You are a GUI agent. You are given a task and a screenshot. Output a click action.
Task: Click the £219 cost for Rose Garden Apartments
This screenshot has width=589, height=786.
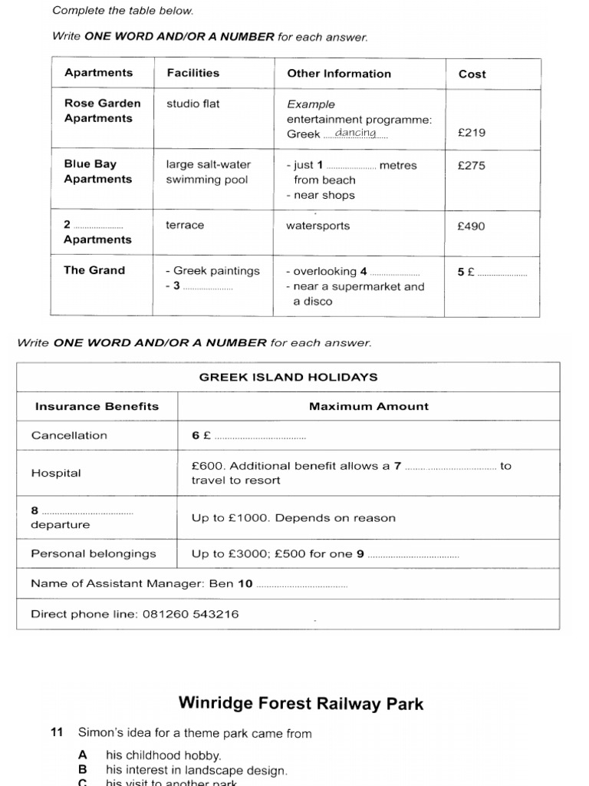[x=471, y=133]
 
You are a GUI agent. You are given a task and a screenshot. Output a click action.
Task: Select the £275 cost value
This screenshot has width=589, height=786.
[x=471, y=165]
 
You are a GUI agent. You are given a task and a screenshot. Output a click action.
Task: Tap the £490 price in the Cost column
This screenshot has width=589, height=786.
[x=471, y=226]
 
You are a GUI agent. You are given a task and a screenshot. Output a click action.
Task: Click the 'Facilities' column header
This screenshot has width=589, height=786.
[x=192, y=73]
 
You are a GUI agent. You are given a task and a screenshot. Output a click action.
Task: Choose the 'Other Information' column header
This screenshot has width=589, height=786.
[x=338, y=74]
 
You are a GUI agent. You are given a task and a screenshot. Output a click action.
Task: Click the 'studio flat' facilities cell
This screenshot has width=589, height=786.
[x=192, y=104]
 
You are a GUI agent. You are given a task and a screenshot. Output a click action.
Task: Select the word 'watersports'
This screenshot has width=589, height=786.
[x=318, y=226]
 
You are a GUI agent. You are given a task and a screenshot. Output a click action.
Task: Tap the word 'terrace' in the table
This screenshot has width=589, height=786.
[x=185, y=226]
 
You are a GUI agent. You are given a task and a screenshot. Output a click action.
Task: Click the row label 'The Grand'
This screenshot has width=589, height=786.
[x=94, y=270]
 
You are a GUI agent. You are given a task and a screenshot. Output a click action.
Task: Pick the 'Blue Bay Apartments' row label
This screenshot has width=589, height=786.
[x=98, y=172]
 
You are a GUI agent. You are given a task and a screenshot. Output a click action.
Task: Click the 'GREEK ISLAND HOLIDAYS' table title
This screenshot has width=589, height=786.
[x=288, y=377]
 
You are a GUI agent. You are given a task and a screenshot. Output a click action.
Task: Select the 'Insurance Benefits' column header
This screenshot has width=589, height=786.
[x=97, y=407]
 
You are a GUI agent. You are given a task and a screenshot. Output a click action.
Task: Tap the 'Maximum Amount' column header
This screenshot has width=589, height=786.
[x=369, y=407]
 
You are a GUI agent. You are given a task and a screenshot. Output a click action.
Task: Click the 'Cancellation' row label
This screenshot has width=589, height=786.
[x=69, y=435]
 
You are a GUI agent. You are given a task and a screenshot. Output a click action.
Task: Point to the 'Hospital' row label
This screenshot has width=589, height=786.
[x=56, y=473]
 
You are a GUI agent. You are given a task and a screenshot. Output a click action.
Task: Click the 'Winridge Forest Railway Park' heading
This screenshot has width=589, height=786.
[x=301, y=704]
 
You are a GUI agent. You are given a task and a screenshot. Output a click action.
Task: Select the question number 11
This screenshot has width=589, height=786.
[x=56, y=734]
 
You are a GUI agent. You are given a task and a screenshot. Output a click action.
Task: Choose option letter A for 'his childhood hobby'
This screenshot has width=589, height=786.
[x=83, y=755]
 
